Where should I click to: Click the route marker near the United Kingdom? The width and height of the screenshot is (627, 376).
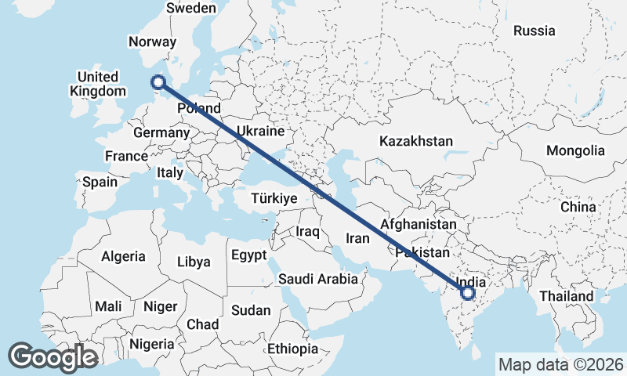(158, 81)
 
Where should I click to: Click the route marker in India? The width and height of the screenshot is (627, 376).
(468, 293)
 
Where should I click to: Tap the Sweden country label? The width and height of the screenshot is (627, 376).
(191, 8)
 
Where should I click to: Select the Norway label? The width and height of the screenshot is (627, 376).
(152, 42)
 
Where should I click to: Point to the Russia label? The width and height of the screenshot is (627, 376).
(535, 31)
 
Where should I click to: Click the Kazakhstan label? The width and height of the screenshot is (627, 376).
(416, 142)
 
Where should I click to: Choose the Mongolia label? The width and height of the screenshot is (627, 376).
(576, 150)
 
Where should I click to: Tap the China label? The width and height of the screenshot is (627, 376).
(578, 208)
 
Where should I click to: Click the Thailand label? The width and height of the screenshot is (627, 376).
(567, 297)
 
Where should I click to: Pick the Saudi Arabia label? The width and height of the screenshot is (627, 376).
(318, 279)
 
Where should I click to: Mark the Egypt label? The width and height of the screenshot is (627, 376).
(249, 255)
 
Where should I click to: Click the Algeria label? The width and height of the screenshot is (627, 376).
(123, 256)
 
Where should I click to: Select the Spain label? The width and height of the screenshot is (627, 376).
(100, 182)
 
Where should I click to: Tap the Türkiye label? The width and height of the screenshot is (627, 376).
(274, 199)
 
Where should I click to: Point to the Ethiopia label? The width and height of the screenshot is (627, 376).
(292, 349)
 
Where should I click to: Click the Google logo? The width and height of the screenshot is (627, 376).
(53, 357)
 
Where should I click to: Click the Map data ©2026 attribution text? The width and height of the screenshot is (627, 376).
(560, 364)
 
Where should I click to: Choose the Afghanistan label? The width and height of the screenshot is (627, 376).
(418, 225)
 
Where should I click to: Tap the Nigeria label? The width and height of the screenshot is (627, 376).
(151, 344)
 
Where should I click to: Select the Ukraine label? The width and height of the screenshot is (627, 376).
(259, 131)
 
